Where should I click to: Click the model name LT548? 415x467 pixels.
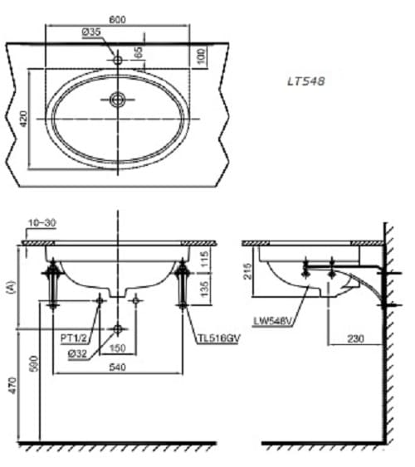pos(306,81)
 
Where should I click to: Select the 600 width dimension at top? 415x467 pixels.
pos(118,20)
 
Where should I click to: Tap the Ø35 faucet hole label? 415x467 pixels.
pos(92,32)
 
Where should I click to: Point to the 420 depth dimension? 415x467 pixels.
pos(24,119)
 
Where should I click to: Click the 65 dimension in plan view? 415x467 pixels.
pos(139,52)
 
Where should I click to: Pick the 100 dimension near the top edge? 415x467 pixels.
pos(202,56)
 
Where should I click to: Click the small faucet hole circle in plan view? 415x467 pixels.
pos(118,61)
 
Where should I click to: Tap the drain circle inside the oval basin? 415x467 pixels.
pos(118,100)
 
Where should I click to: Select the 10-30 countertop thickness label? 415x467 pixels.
pos(42,223)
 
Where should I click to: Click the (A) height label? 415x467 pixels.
pos(12,288)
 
